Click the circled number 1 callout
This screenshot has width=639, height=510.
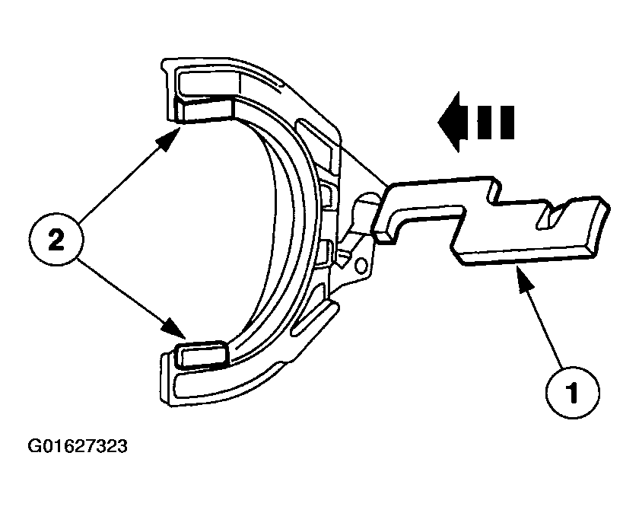(x=573, y=392)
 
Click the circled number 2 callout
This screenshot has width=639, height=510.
(x=56, y=239)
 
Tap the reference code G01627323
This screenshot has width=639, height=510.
(x=78, y=446)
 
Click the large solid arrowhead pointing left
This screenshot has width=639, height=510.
(x=449, y=122)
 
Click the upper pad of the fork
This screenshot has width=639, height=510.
(x=204, y=110)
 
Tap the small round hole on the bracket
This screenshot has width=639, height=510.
(x=361, y=266)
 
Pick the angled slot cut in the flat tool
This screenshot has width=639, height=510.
(x=550, y=215)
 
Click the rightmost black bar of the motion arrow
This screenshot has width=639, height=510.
(x=507, y=123)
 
